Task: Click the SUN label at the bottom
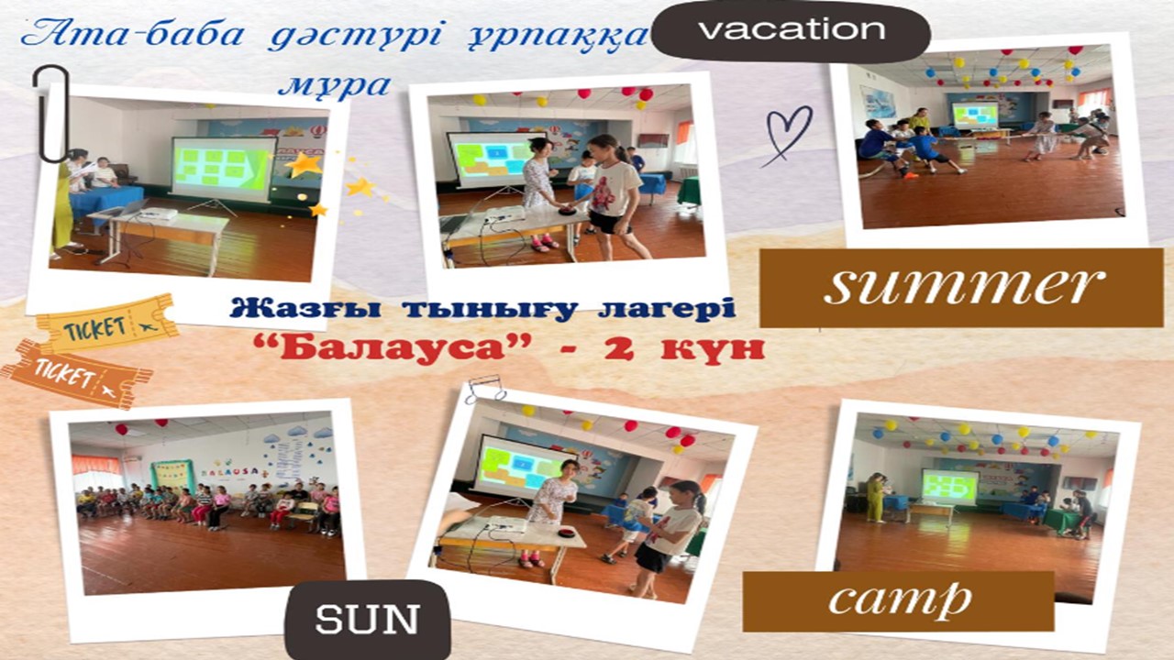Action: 368,619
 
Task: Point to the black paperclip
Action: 50,113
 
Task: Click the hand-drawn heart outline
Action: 788,135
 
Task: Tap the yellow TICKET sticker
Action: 106,324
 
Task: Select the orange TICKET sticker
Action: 75,374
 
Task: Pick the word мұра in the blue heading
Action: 335,85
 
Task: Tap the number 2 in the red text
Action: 620,349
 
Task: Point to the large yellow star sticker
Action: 304,165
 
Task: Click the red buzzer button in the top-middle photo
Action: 567,210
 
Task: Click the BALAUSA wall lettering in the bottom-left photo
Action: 230,471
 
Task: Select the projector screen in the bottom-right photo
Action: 950,486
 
